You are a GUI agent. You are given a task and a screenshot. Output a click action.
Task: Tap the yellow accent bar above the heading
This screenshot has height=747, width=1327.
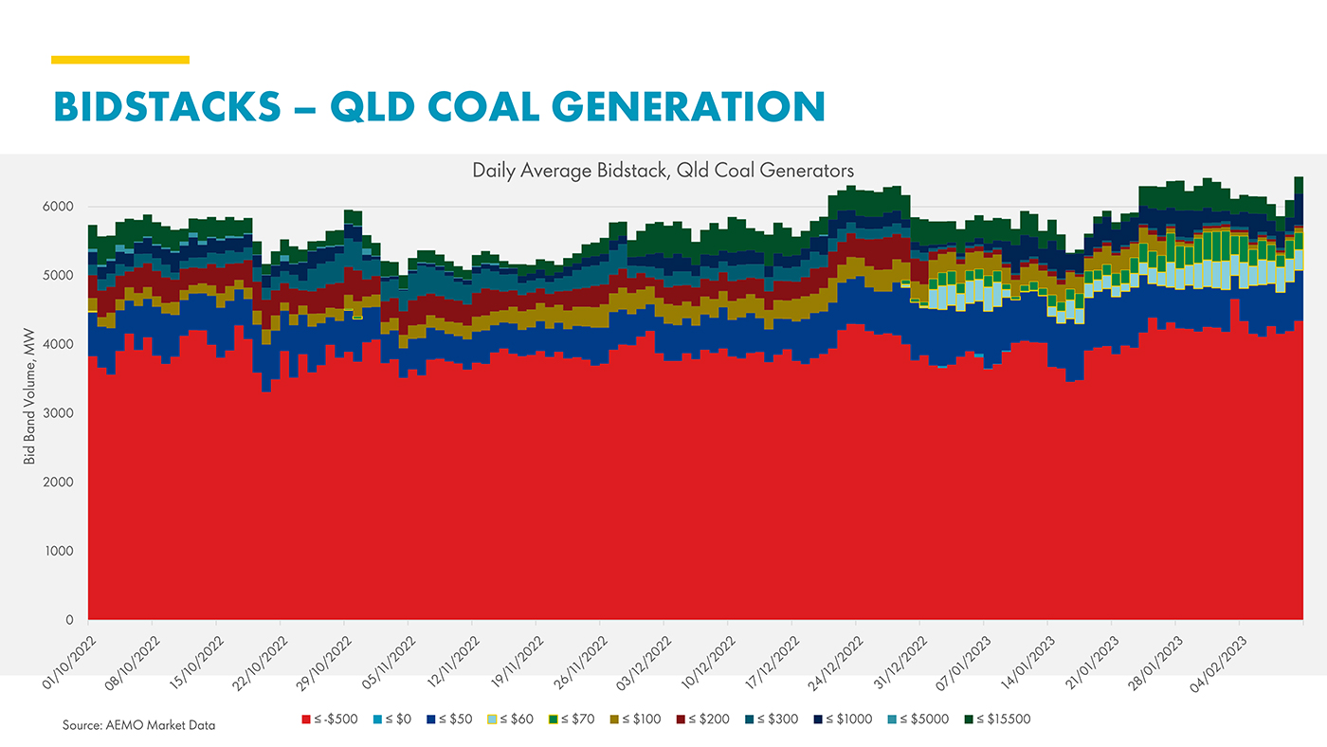click(x=120, y=60)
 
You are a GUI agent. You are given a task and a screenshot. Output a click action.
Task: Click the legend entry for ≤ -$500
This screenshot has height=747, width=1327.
click(x=330, y=720)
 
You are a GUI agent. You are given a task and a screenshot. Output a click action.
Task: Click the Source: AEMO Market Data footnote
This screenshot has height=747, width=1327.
click(x=139, y=725)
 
